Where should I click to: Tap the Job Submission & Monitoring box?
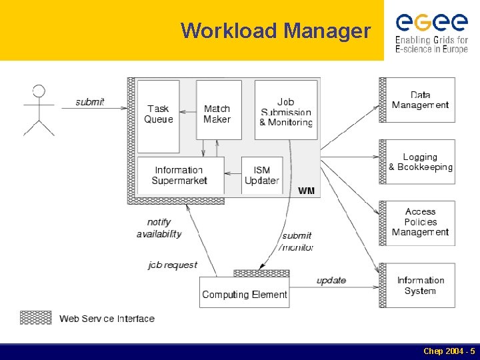[x=286, y=110]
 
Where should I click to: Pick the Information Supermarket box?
[x=179, y=175]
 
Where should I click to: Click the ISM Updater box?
[x=261, y=175]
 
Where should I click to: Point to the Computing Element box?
[x=245, y=293]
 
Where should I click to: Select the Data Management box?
[x=420, y=100]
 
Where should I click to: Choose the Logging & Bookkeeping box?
[x=420, y=162]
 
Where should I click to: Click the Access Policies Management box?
[x=420, y=223]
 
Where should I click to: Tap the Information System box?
[x=420, y=285]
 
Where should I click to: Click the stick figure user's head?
[x=39, y=91]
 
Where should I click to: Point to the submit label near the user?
[x=89, y=102]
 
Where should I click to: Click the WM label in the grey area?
[x=306, y=191]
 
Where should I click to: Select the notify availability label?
[x=159, y=228]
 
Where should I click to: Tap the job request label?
[x=173, y=265]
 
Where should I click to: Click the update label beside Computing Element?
[x=331, y=281]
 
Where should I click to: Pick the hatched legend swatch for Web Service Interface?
[x=35, y=318]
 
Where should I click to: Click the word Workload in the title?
[x=229, y=31]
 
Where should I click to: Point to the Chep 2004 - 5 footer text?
[x=449, y=351]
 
